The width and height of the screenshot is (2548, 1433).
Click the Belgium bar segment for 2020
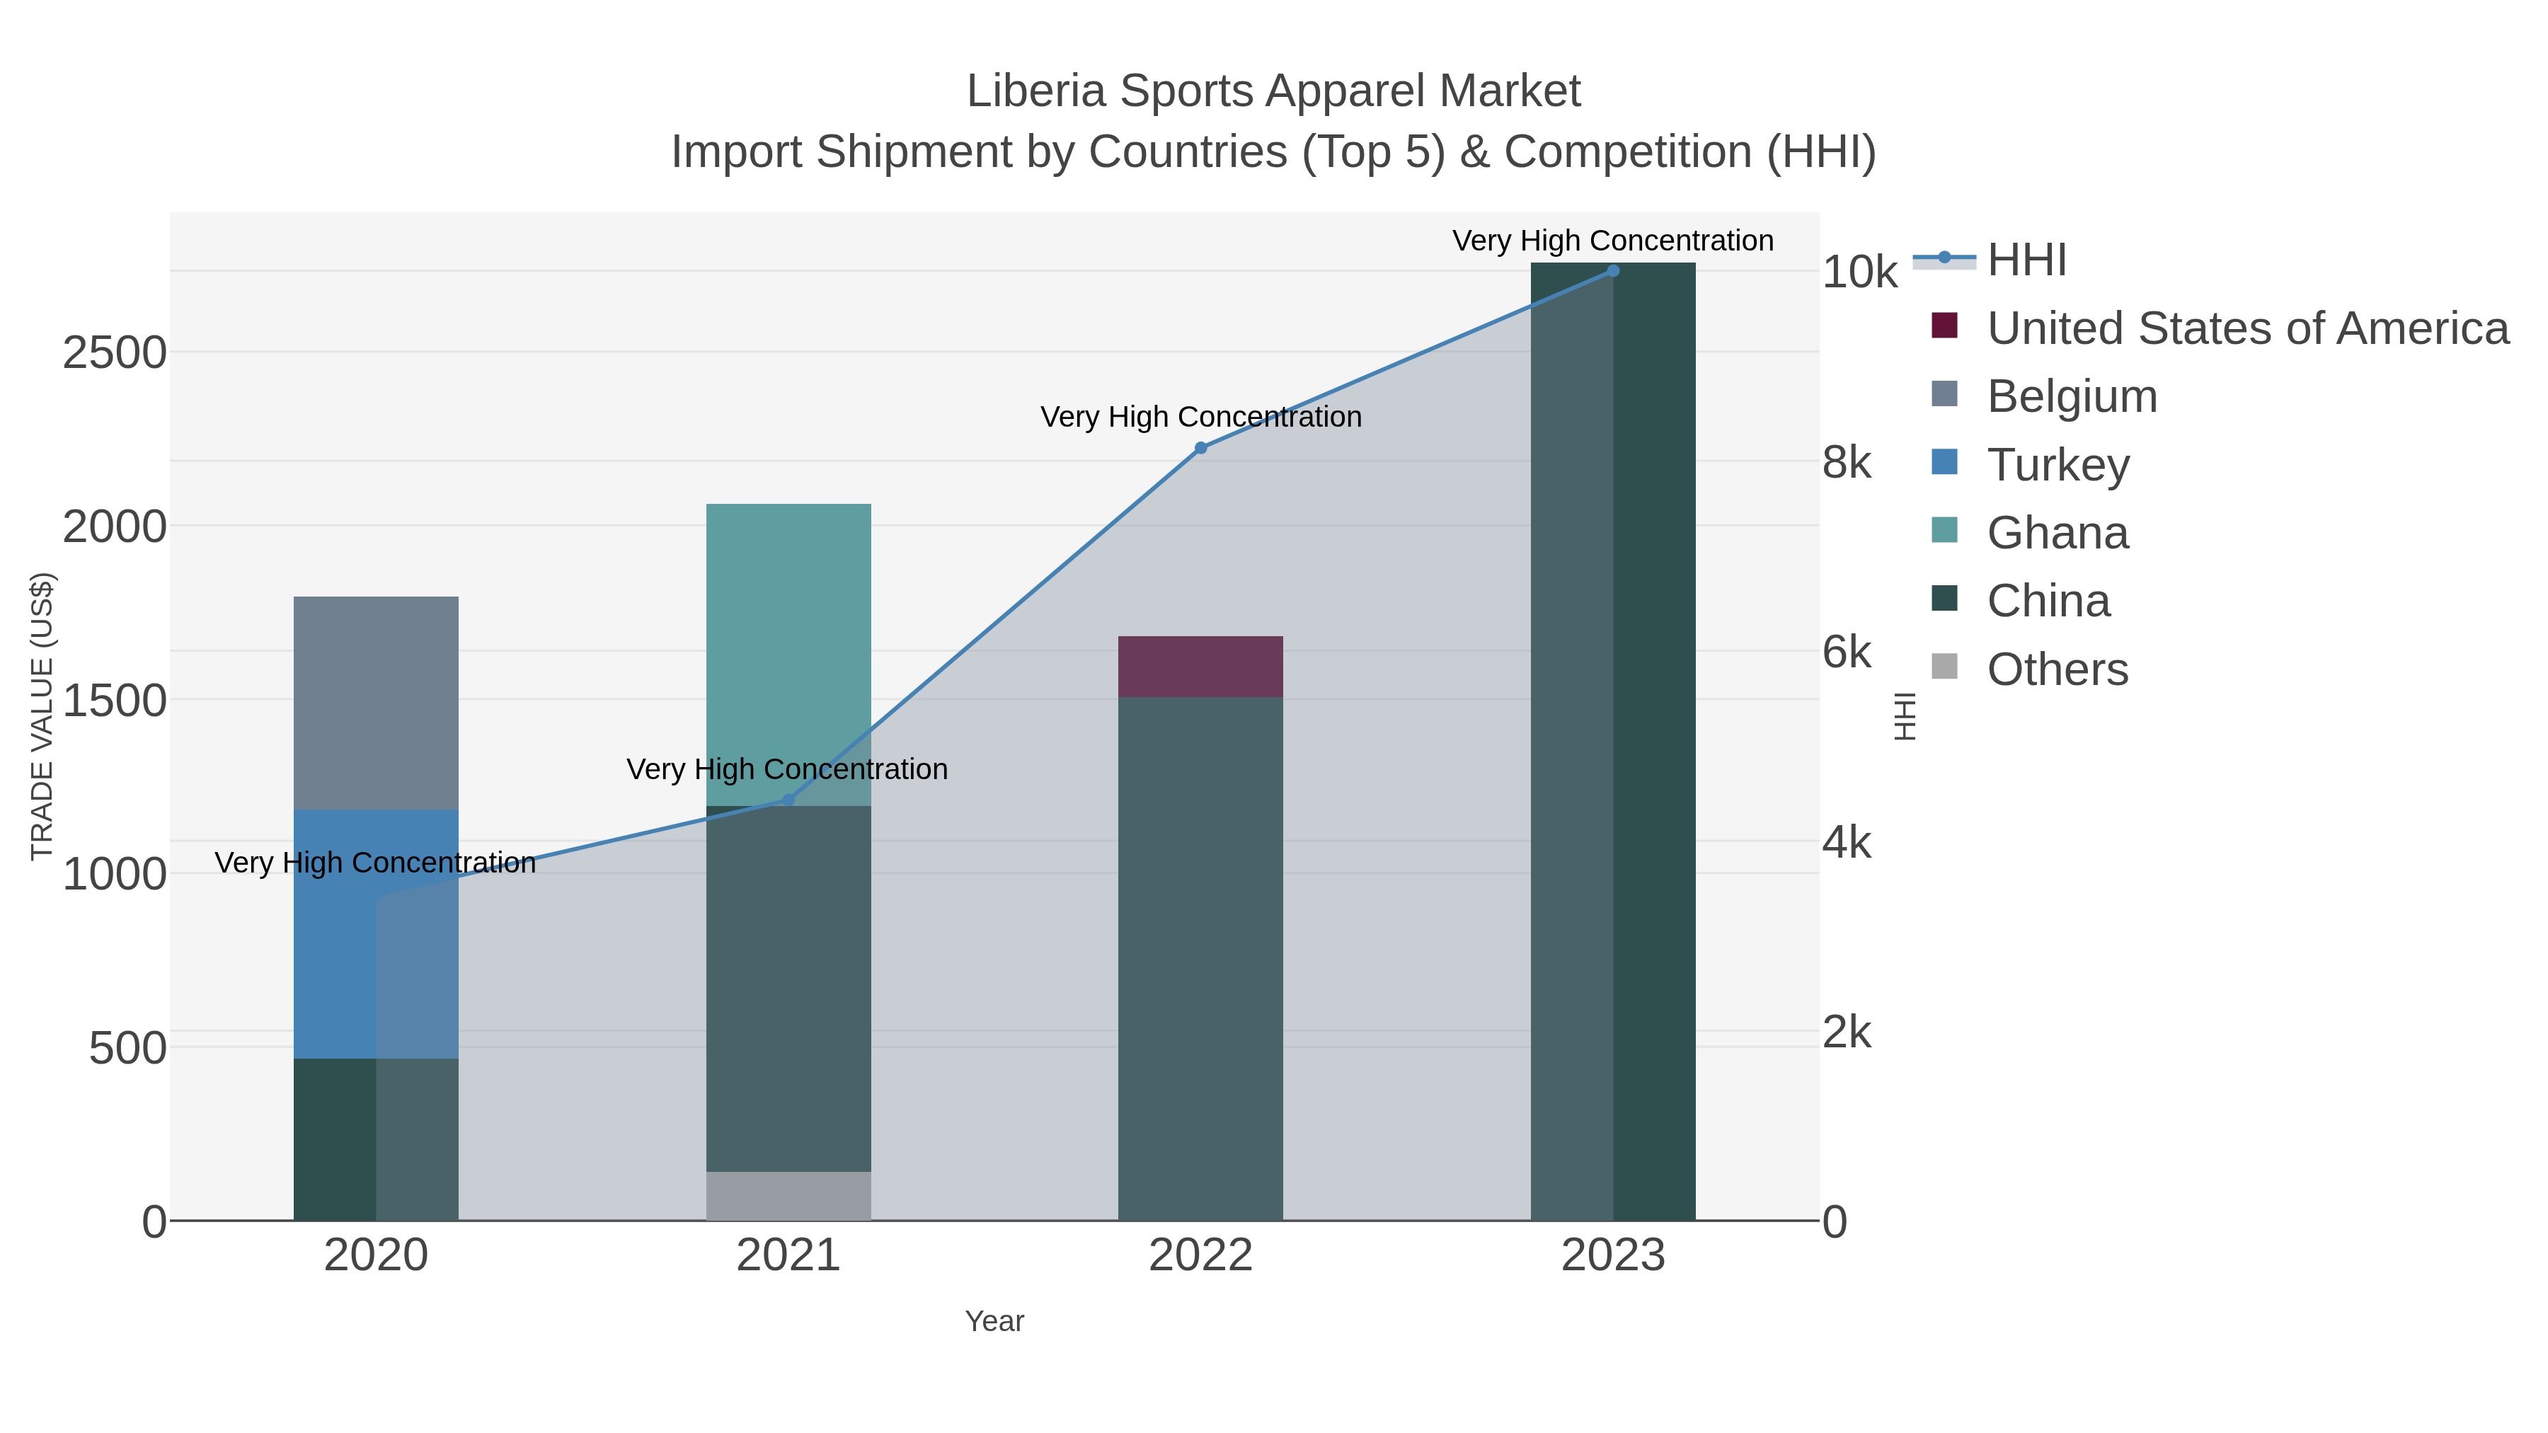[376, 702]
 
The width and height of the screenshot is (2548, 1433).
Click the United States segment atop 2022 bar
[1200, 666]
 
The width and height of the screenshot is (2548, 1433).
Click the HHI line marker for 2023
[1612, 270]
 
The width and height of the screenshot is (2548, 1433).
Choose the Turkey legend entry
[2058, 465]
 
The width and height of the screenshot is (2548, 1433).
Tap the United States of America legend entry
[2245, 328]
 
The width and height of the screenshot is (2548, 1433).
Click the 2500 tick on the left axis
[115, 353]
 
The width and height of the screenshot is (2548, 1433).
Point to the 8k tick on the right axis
[1847, 463]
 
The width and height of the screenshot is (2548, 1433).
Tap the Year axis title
[994, 1321]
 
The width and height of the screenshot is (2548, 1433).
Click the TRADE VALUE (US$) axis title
[42, 716]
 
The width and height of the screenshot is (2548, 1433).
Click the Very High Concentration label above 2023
[1612, 241]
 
